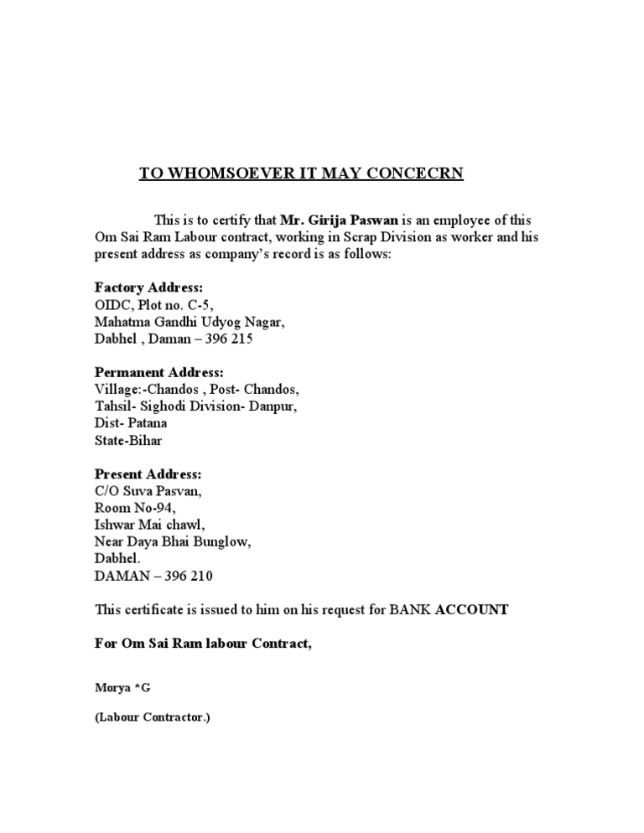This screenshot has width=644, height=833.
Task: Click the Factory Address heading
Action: [x=148, y=287]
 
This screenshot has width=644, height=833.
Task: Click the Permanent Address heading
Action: [x=158, y=372]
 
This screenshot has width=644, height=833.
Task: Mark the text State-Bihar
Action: [x=130, y=441]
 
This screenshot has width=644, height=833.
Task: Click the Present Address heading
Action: [x=148, y=473]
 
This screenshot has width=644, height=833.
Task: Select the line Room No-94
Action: [x=135, y=508]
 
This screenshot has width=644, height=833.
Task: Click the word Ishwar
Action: [x=115, y=525]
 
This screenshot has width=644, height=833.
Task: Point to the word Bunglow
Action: [x=224, y=542]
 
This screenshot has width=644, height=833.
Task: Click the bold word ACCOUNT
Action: [x=471, y=610]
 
